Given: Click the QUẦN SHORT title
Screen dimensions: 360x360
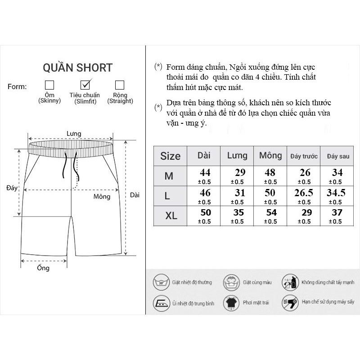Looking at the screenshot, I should [x=77, y=68].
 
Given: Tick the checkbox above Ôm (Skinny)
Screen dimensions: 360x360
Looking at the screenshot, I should [x=49, y=85].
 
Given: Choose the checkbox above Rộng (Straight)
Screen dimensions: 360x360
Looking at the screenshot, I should [x=120, y=85].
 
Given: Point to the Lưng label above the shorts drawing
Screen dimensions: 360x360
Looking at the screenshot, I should [x=73, y=134].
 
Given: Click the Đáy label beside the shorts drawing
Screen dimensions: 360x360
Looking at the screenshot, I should [x=12, y=188].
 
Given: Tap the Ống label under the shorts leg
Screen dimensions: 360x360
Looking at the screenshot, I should [x=44, y=268].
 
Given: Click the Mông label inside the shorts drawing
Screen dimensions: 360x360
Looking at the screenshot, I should [x=102, y=197].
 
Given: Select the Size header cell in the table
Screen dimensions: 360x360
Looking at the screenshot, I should [x=170, y=156].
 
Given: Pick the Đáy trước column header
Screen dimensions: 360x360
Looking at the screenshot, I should [x=304, y=156].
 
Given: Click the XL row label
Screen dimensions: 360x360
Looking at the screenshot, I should [x=171, y=216].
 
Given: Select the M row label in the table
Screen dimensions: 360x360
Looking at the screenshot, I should [x=169, y=176].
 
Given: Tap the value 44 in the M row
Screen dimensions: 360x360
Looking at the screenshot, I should [x=205, y=172].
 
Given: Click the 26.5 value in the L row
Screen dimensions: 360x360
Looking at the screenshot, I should [x=305, y=193].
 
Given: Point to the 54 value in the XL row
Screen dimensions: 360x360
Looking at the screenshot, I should [x=270, y=213].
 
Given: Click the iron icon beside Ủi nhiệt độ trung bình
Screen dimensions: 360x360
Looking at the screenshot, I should [x=161, y=302].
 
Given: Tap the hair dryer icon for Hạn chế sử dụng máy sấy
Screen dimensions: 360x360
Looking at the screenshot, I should [x=290, y=302].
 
